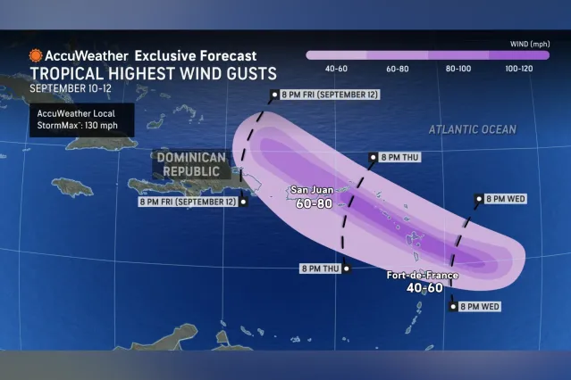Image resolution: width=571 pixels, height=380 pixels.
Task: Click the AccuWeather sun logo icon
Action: click(x=35, y=54)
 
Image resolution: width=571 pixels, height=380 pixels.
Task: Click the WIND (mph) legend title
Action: click(x=525, y=41)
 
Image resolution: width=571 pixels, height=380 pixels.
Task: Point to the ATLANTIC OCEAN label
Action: click(x=472, y=129)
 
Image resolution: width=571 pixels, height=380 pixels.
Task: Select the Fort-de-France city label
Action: click(x=423, y=276)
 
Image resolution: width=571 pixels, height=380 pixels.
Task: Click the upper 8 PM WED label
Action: click(x=504, y=199)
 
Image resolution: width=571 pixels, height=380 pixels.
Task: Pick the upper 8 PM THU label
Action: click(x=395, y=157)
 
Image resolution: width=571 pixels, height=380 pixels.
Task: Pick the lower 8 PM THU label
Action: click(x=321, y=268)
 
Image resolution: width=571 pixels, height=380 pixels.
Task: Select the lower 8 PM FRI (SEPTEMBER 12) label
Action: click(x=188, y=202)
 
